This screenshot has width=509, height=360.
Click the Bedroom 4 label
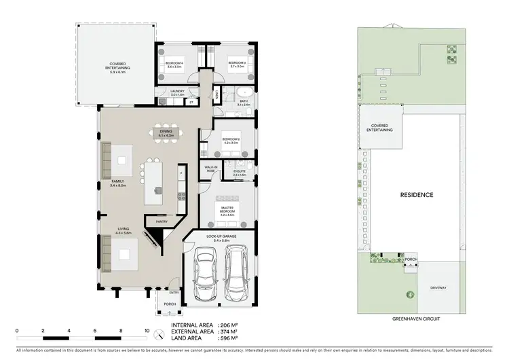click(174, 66)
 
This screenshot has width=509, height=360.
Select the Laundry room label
click(178, 94)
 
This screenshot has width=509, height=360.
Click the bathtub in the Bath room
click(245, 92)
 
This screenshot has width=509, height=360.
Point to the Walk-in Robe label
click(210, 169)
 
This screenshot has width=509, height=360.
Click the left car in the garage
click(204, 275)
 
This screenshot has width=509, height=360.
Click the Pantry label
click(162, 221)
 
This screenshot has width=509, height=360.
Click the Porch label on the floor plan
click(169, 314)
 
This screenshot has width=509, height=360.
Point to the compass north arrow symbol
click(158, 335)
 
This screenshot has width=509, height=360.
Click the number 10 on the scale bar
click(147, 331)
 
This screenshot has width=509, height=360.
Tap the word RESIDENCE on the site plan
click(416, 195)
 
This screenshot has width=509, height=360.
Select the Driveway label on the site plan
click(438, 288)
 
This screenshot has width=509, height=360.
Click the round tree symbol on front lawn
click(410, 294)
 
